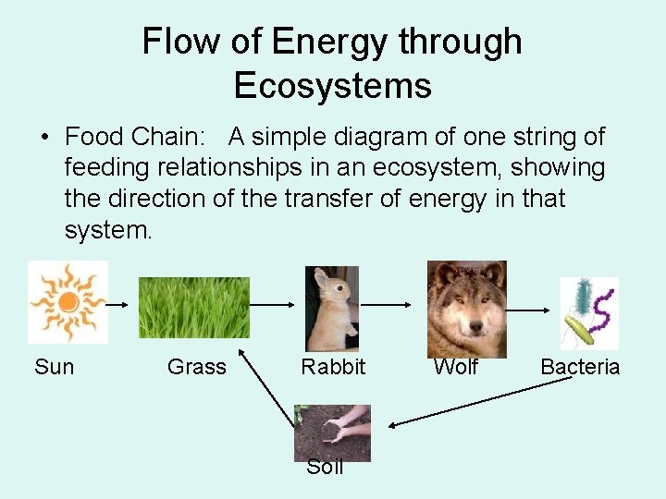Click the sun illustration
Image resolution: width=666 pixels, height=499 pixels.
pos(68,301)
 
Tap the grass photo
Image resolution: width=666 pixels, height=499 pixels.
pos(194,308)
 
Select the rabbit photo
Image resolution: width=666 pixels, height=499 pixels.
pos(332,309)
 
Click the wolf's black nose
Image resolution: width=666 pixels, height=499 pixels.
pos(476,326)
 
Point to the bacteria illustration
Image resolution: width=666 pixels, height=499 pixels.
pos(589,313)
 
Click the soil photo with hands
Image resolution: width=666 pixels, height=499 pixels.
pos(333,432)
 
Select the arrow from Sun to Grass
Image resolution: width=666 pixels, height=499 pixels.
pos(117,305)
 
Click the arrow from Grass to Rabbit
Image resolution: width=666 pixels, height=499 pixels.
pos(272,305)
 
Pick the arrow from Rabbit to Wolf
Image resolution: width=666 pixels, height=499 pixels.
pos(386,305)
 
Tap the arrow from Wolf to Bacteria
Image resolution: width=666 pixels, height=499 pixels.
pos(527,310)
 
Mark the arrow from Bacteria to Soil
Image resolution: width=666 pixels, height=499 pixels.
pos(480,402)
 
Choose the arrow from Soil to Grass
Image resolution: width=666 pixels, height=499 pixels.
pos(266,387)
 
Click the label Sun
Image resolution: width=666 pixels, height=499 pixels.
pos(55,367)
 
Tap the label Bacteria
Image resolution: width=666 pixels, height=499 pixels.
pos(580,367)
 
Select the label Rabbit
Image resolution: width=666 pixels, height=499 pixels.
pos(333,367)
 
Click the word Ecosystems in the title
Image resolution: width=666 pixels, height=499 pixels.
pos(333,85)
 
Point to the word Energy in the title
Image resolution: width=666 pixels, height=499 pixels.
pos(329,43)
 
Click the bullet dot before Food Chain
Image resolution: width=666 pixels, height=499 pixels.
pos(45,138)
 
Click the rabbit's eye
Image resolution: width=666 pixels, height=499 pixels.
pos(339,288)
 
